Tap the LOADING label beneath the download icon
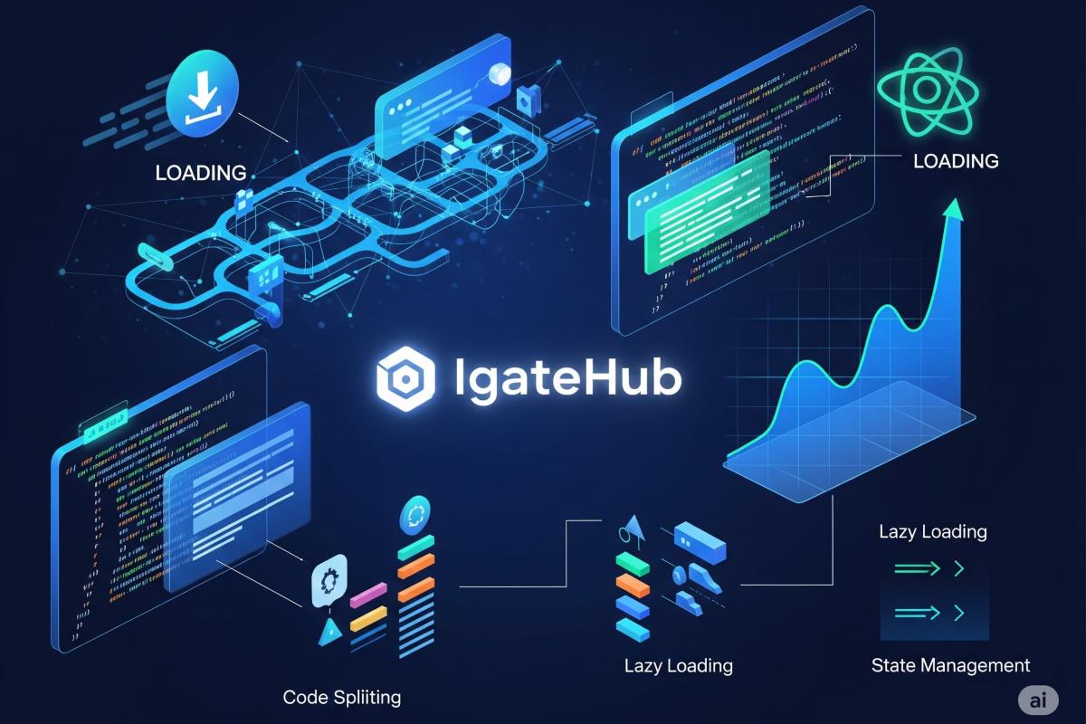201,172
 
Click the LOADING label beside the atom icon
956,161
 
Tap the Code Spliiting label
341,697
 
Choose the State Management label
950,665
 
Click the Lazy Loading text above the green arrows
932,531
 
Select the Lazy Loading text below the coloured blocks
678,666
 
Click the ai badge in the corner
1038,700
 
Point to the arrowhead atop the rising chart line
951,207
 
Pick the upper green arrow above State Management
928,569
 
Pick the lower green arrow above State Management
928,614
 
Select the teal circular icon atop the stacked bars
415,513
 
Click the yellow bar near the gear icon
368,619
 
